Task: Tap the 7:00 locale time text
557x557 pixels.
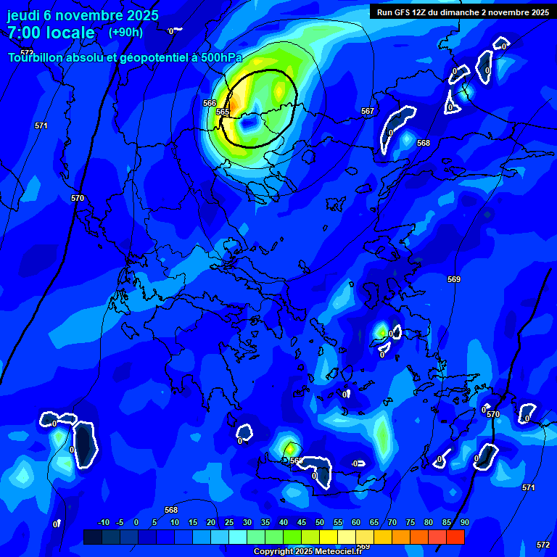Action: [x=51, y=33]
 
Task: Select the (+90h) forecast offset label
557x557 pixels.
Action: [x=125, y=32]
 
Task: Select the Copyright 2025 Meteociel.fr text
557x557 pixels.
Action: [x=308, y=551]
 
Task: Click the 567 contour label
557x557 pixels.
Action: [x=368, y=111]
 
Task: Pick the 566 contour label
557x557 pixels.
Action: [x=210, y=103]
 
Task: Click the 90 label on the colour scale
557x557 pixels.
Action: [x=464, y=522]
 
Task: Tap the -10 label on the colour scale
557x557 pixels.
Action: [x=103, y=522]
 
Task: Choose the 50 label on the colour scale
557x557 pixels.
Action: [x=320, y=522]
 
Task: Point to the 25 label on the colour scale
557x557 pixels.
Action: [x=229, y=522]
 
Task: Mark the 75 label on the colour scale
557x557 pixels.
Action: [x=410, y=522]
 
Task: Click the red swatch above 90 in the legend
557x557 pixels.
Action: [x=455, y=537]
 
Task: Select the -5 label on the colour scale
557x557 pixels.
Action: [x=120, y=522]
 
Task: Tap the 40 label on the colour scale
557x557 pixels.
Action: [x=284, y=522]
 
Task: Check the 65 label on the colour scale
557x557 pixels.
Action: [x=374, y=522]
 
